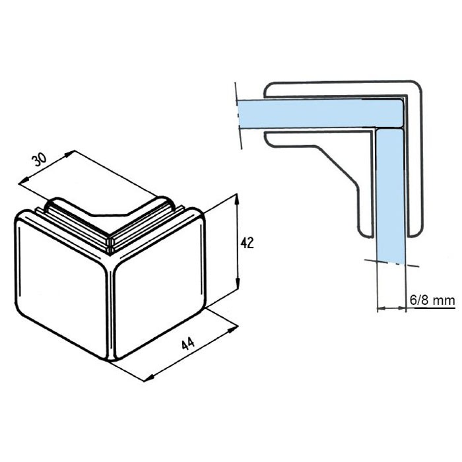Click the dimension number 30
click(39, 160)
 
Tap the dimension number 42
click(247, 243)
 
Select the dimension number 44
click(188, 344)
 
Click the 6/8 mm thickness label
click(432, 300)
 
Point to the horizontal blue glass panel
click(319, 114)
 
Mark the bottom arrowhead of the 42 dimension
click(238, 285)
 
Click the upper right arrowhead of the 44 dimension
click(233, 329)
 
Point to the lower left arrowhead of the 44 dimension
click(149, 378)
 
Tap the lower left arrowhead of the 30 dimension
click(24, 180)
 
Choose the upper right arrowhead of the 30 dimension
click(69, 154)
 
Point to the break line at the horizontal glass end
click(238, 115)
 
